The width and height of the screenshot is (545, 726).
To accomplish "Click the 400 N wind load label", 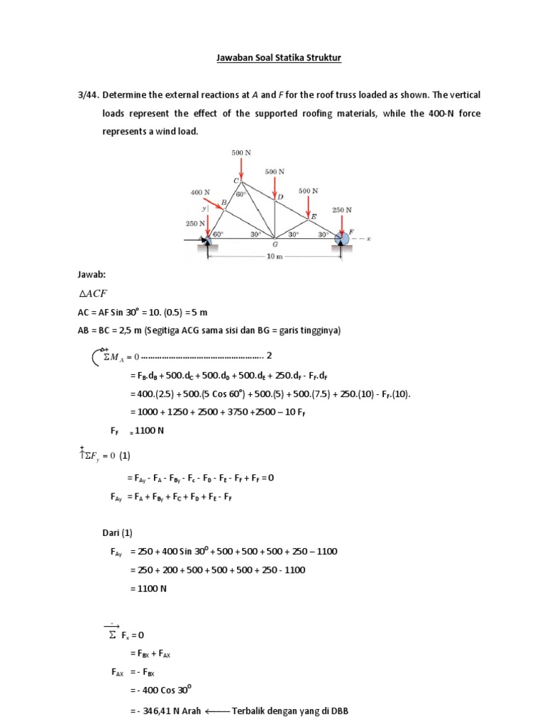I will click(201, 192).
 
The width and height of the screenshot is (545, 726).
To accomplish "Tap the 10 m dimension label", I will click(274, 257).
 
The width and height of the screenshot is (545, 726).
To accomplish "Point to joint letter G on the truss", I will click(275, 245).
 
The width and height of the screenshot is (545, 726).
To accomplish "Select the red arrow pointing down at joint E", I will click(308, 206).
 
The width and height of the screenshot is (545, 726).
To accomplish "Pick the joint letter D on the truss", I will click(280, 196).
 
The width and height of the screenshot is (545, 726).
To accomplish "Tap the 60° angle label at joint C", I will click(241, 194).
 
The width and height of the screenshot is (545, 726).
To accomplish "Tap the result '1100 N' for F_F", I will click(150, 431).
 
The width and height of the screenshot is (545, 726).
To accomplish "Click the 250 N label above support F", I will click(343, 210).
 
